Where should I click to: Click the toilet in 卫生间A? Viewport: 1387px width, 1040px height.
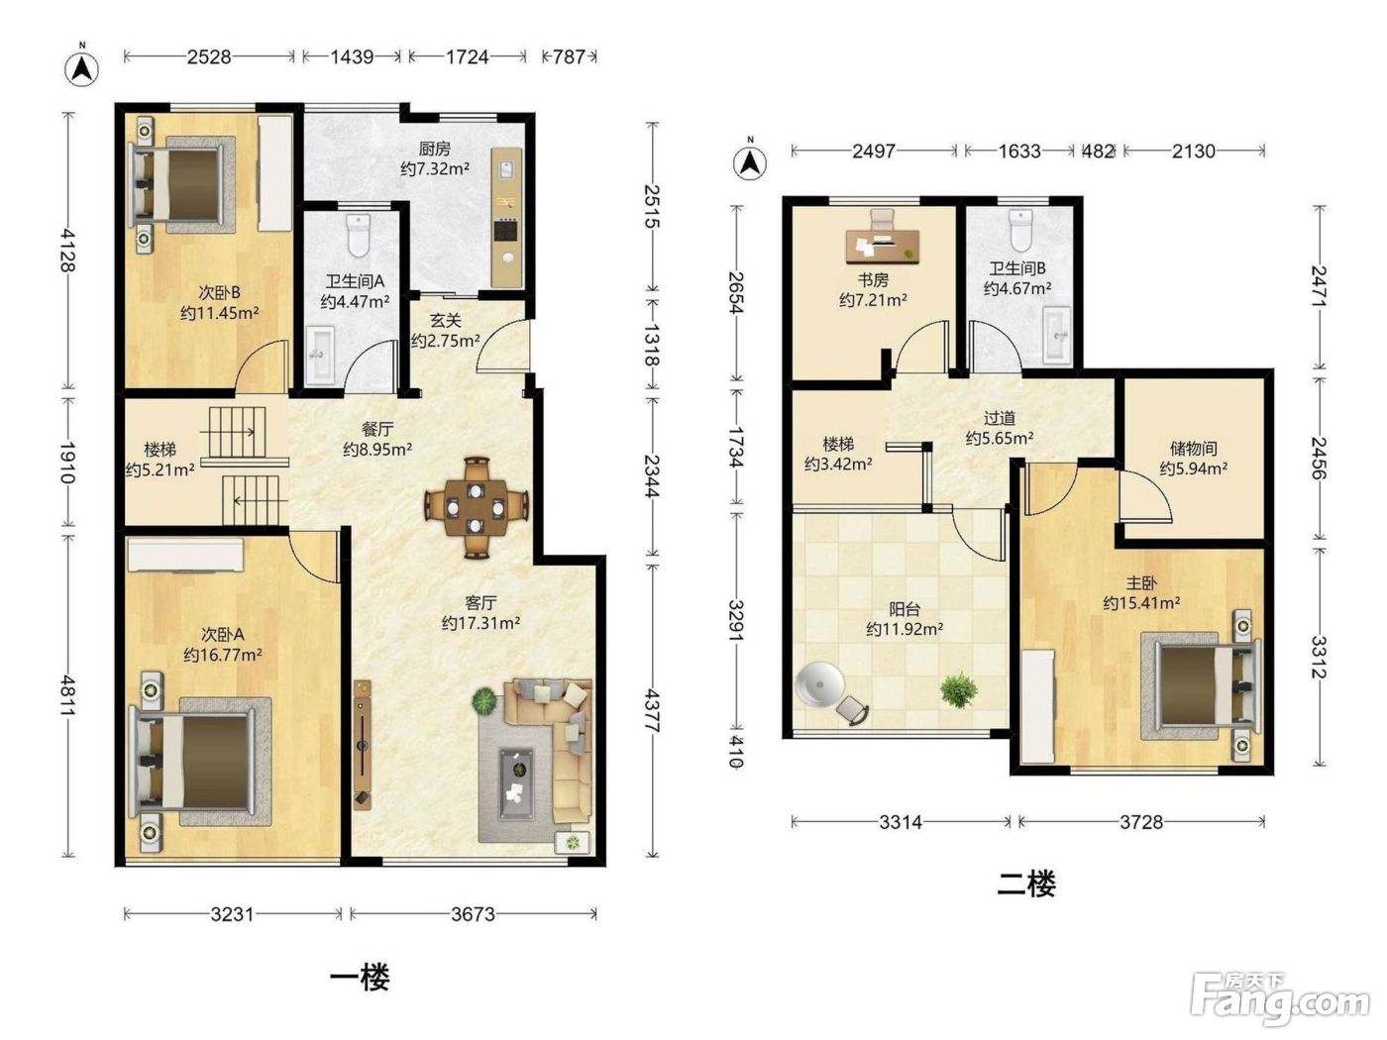(359, 235)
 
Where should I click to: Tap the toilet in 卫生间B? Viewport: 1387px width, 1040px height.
(1020, 231)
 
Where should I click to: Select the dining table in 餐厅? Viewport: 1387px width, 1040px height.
(476, 507)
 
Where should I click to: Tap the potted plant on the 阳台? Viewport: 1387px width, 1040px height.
(958, 689)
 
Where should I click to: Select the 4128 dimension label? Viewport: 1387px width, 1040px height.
(67, 250)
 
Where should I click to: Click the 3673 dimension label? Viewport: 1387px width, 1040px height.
(473, 914)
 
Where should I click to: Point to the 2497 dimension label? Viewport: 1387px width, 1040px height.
(874, 152)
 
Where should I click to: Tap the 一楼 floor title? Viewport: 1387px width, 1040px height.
(361, 978)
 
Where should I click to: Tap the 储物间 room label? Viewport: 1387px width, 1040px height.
(1194, 449)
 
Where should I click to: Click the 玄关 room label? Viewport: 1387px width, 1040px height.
(446, 321)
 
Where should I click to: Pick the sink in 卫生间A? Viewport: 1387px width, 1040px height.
(320, 356)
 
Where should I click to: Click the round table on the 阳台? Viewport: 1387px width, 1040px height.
(819, 684)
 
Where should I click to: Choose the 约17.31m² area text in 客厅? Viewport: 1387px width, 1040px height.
(480, 623)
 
